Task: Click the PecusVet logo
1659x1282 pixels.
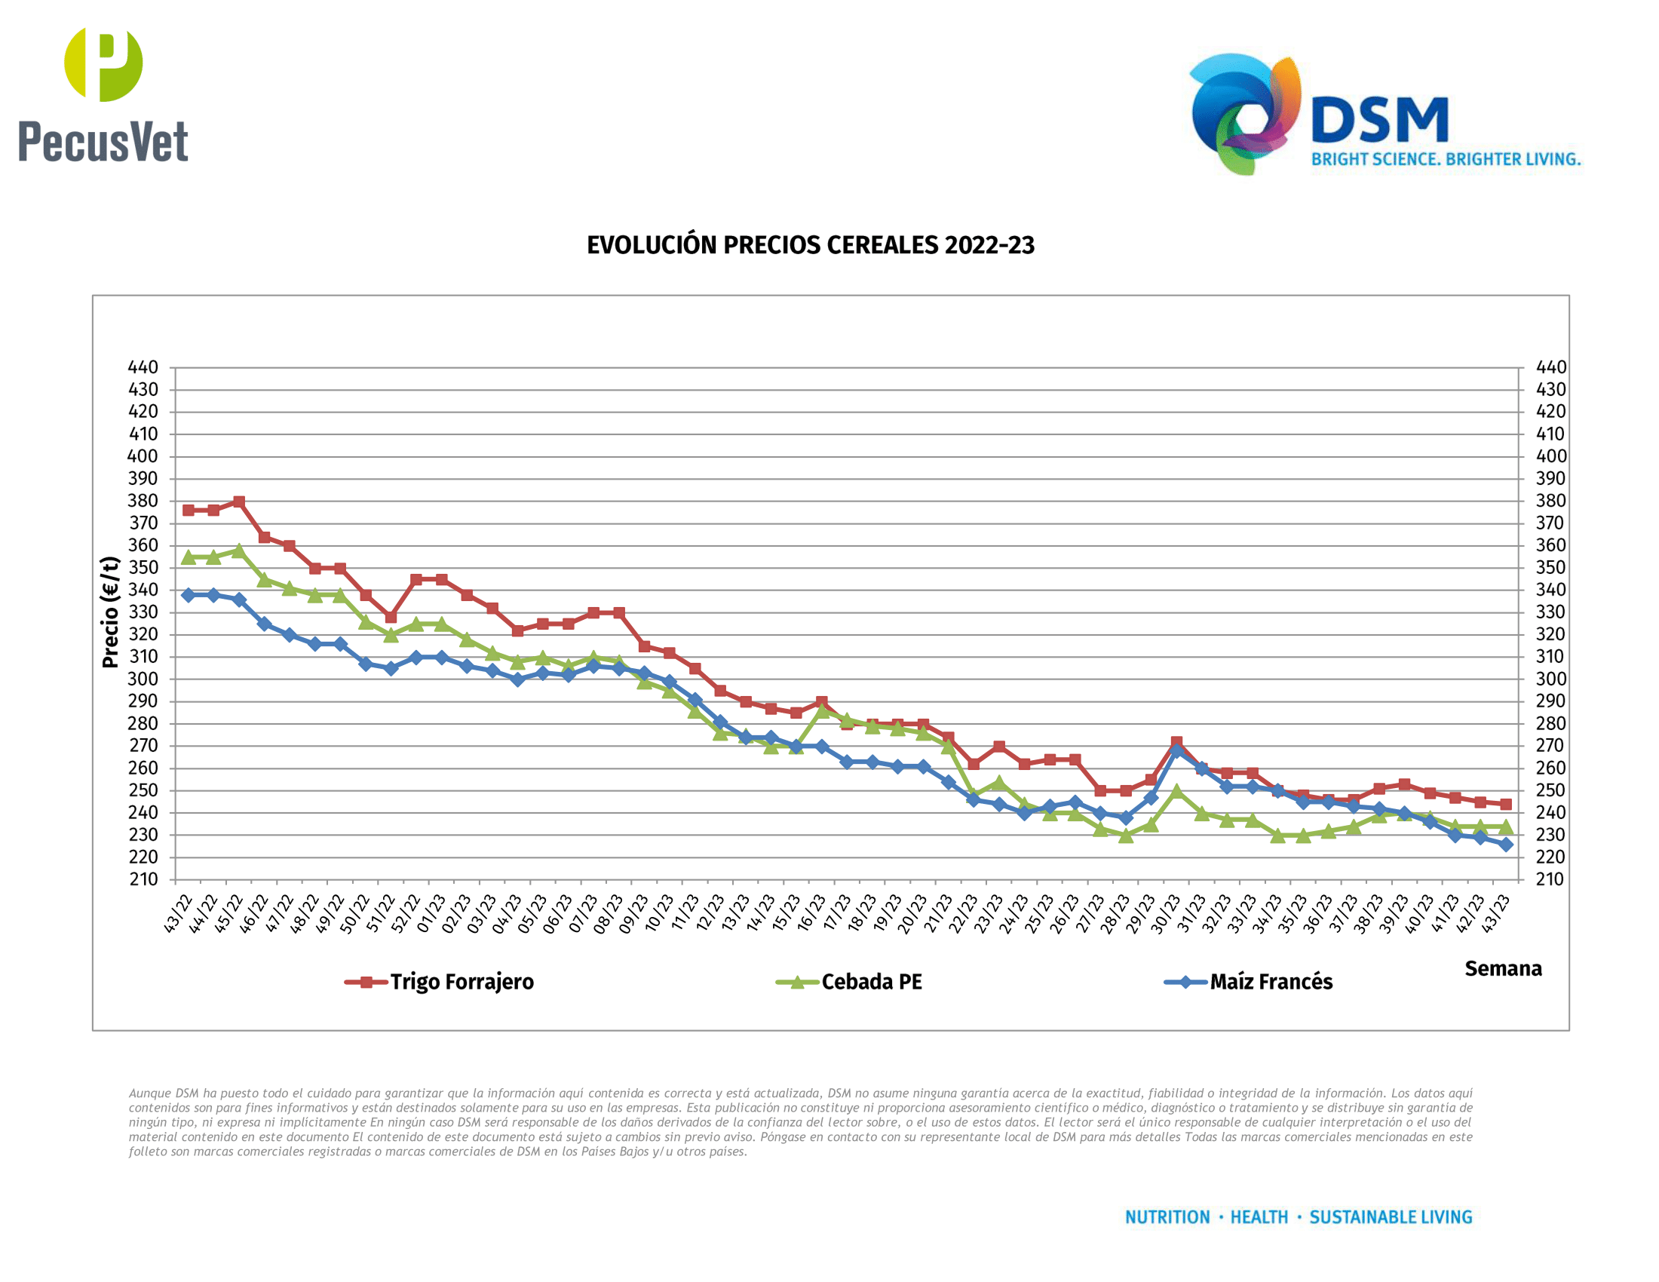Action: [x=103, y=95]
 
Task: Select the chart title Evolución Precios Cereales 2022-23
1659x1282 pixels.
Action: [x=811, y=245]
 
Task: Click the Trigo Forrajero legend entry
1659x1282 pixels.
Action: [x=461, y=982]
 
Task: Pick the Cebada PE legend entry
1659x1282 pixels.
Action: [x=870, y=982]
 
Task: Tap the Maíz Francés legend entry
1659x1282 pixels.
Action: [x=1270, y=982]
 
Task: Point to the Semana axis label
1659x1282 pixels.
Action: [x=1502, y=969]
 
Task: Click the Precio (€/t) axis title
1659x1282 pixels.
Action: [x=111, y=612]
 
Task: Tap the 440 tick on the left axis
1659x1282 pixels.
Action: [x=143, y=367]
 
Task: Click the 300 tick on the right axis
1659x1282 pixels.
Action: [x=1550, y=679]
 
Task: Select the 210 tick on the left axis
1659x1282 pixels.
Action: [x=143, y=879]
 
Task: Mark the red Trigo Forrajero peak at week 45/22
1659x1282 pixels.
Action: [x=238, y=502]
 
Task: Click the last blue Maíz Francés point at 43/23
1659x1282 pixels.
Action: [x=1506, y=845]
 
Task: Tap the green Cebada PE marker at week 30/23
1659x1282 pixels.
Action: [x=1176, y=791]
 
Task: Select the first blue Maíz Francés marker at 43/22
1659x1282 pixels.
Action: [x=189, y=596]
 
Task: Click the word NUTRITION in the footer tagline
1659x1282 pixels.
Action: [x=1167, y=1217]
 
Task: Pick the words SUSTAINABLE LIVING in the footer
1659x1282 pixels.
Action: [x=1390, y=1217]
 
